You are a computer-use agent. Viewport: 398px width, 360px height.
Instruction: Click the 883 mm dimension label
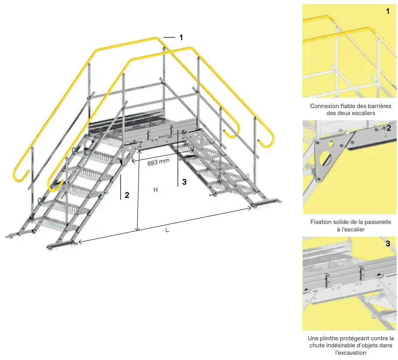tap(158, 162)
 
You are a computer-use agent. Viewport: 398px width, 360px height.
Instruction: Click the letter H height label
tap(155, 190)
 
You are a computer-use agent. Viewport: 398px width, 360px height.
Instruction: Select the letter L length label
tap(167, 230)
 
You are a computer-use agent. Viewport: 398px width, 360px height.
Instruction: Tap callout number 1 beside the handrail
tap(181, 38)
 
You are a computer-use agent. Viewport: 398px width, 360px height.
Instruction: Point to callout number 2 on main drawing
tap(127, 195)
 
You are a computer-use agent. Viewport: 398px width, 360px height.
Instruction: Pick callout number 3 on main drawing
tap(184, 182)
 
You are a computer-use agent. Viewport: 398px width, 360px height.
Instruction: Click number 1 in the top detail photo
tap(388, 11)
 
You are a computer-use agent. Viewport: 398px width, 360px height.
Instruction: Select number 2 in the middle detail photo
tap(388, 128)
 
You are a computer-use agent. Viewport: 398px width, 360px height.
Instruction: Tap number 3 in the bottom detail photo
tap(388, 244)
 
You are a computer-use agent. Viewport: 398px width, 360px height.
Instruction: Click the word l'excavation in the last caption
tap(350, 353)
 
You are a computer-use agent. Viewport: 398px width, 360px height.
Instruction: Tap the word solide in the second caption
tap(345, 222)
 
